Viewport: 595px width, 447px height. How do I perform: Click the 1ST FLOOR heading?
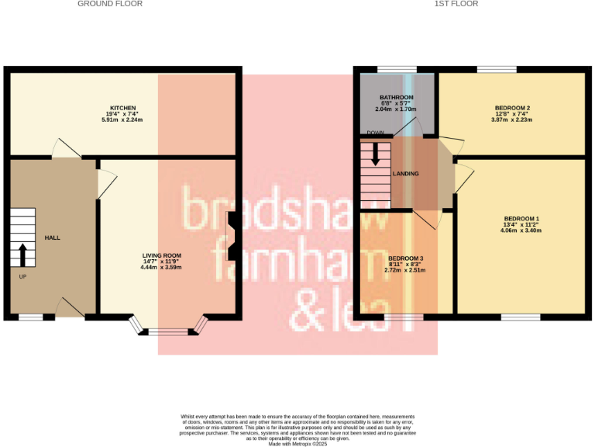tap(457, 4)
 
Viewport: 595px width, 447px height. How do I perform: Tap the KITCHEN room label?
tap(123, 108)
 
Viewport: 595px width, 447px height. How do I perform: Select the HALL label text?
tap(53, 237)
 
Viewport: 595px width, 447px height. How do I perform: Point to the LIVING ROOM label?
tap(161, 255)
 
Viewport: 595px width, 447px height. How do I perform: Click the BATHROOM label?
tap(396, 98)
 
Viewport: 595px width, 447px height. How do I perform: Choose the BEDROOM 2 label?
tap(512, 108)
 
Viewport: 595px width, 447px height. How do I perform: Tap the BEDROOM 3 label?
tap(406, 258)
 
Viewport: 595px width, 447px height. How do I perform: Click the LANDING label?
tap(406, 174)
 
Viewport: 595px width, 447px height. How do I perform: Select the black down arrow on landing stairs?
tap(376, 154)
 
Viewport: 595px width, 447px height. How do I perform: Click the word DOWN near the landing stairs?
tap(377, 133)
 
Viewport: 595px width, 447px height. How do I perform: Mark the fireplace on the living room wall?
tap(232, 237)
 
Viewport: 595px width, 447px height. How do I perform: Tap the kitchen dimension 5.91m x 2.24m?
tap(123, 120)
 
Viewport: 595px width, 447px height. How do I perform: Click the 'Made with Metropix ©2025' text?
tap(297, 443)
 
